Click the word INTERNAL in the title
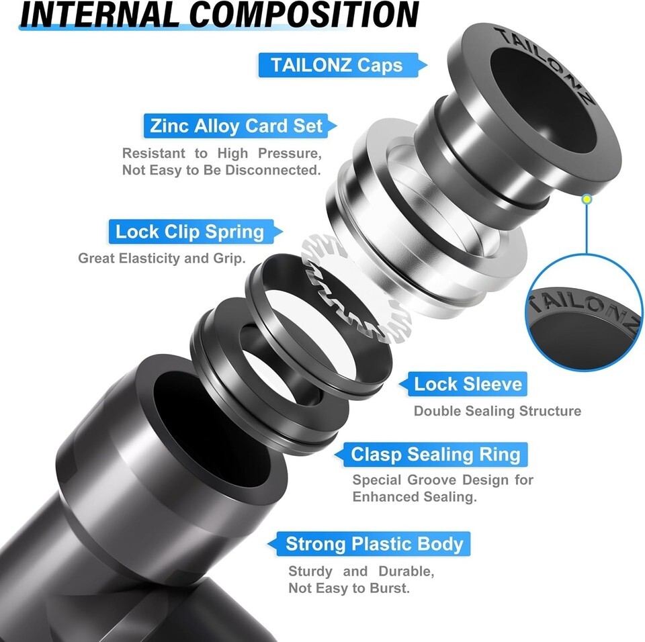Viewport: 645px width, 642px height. point(99,15)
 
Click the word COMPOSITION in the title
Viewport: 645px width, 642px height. point(304,15)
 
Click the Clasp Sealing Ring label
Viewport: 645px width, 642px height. point(431,455)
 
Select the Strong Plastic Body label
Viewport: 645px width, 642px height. point(369,544)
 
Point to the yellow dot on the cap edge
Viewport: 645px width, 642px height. point(587,199)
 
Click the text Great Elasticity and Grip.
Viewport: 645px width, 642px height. point(162,259)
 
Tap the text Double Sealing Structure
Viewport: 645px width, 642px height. point(497,411)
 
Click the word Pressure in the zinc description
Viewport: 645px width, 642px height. point(290,153)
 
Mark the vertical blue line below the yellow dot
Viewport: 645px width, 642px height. point(587,229)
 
